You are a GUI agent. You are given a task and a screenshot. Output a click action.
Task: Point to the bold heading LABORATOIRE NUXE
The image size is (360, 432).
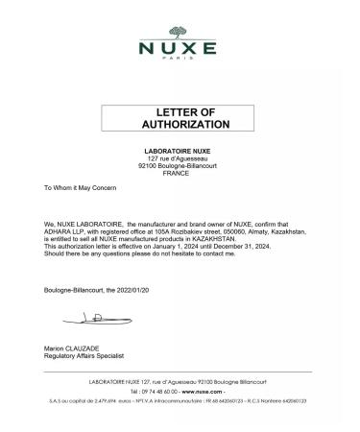pos(180,152)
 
